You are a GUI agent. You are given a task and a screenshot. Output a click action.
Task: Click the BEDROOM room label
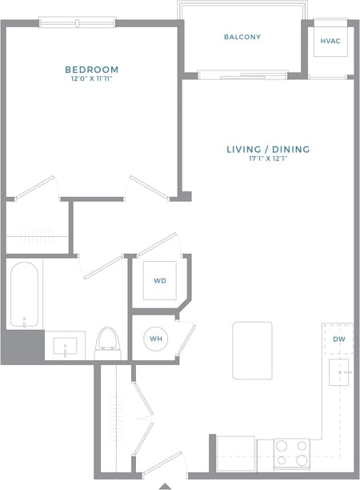coord(92,70)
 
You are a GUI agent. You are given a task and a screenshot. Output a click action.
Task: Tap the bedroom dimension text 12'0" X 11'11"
coord(92,79)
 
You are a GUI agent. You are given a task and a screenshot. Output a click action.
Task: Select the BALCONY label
coord(242,37)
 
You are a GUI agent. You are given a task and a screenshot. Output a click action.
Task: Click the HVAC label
coord(330,41)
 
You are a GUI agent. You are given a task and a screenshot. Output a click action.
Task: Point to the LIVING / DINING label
coord(267,149)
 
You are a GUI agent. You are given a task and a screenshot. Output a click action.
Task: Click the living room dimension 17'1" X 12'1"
coord(267,159)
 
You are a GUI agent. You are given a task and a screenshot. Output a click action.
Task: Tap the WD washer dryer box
coord(160,280)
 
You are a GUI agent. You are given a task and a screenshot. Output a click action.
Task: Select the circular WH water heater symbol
coord(155,339)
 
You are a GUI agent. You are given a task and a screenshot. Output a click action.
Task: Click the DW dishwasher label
coord(338,339)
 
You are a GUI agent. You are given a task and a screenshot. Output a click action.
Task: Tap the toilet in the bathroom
coord(106,343)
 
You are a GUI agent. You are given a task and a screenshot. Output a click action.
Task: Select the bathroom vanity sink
coord(65,347)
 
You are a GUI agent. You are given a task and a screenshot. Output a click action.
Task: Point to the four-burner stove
coord(291,453)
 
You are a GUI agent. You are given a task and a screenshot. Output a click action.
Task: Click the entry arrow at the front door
coord(166,485)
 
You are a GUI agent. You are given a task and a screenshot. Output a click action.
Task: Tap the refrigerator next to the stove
coord(236,453)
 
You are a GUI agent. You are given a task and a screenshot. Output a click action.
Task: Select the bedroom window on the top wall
coord(78,22)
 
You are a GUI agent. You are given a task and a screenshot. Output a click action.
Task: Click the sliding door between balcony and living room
coord(242,75)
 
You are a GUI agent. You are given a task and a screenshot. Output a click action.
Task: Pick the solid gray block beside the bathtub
coord(22,347)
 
